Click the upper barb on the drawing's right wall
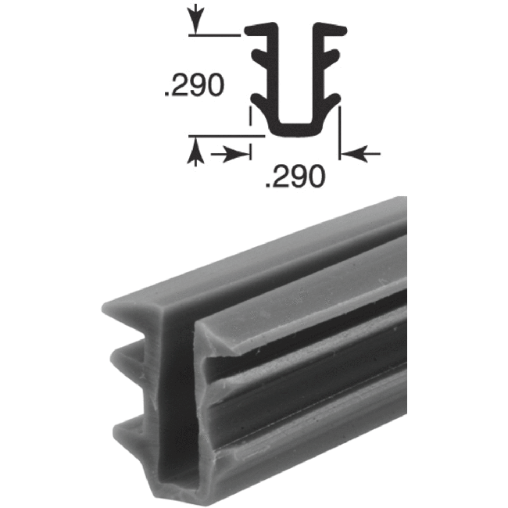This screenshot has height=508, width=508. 334,56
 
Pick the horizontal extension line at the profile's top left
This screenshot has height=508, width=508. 215,34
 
